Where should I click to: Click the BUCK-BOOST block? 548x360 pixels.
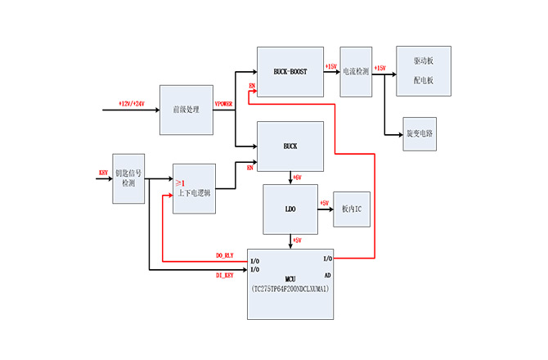click(290, 72)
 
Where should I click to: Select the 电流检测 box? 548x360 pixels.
click(356, 72)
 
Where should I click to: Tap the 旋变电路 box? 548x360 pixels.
click(420, 133)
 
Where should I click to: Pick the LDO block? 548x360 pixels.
click(290, 209)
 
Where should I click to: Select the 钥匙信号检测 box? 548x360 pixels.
click(128, 178)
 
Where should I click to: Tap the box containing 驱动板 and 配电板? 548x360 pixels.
click(423, 71)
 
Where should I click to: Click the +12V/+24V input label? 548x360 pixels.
click(131, 104)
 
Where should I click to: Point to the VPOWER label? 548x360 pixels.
click(223, 104)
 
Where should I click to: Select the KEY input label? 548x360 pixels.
click(103, 173)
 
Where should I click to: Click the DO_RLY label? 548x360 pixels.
click(225, 256)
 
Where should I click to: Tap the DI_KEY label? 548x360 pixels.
click(225, 275)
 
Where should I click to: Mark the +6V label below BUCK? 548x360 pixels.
click(298, 178)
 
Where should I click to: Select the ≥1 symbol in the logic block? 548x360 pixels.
click(180, 181)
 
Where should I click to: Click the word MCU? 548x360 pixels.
click(290, 278)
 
